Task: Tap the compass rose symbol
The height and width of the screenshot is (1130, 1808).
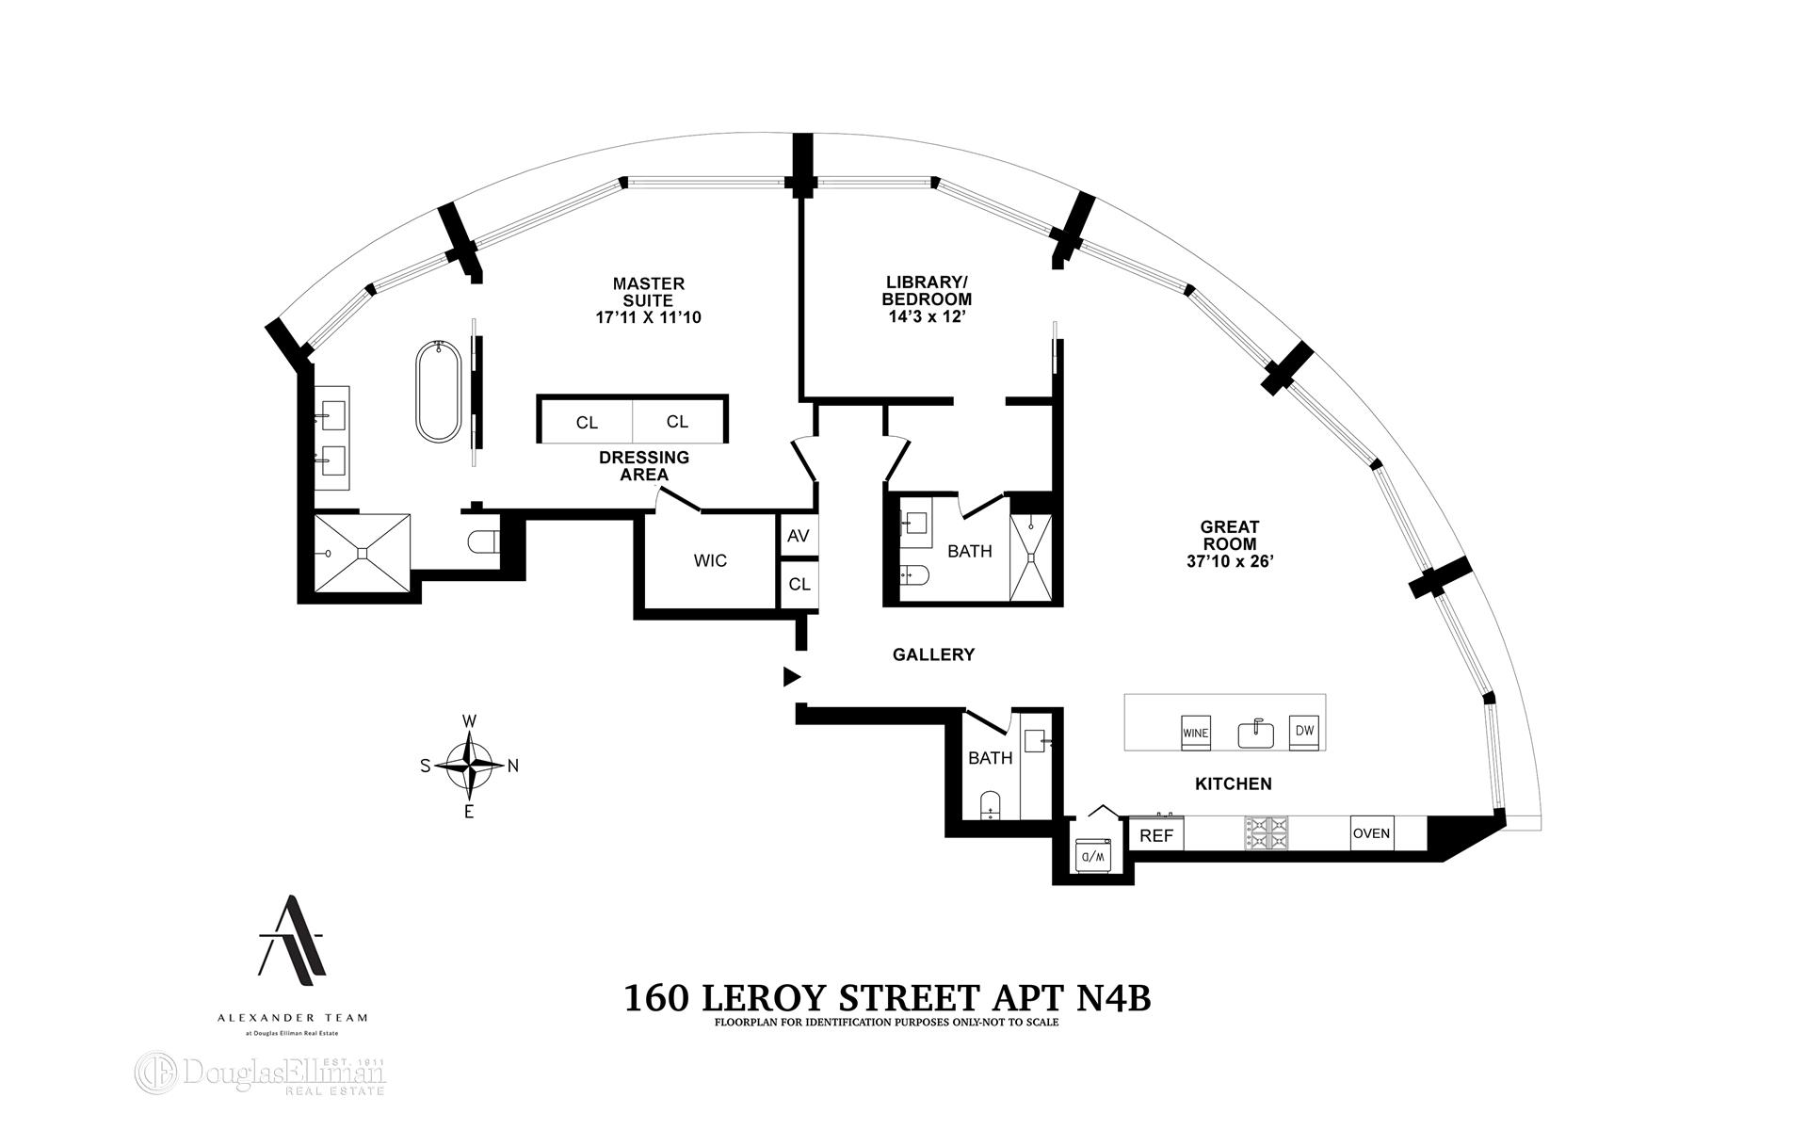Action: coord(469,765)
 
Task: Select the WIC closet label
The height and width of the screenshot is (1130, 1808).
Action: coord(710,561)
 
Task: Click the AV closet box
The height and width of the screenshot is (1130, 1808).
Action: coord(799,536)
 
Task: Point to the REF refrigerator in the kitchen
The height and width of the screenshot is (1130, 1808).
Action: coord(1155,835)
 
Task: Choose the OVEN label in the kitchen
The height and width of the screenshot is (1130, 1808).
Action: coord(1371,833)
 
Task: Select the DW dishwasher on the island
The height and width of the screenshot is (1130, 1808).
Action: coord(1304,731)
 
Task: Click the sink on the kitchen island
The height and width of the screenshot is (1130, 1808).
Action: coord(1254,733)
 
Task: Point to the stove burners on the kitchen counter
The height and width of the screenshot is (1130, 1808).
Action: coord(1267,833)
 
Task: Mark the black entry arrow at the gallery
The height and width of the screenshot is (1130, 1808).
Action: coord(792,676)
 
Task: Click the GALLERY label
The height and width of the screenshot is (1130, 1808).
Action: coord(933,654)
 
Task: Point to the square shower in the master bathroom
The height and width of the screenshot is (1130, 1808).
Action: coord(362,553)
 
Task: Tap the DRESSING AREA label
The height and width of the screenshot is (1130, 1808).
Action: coord(643,465)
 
